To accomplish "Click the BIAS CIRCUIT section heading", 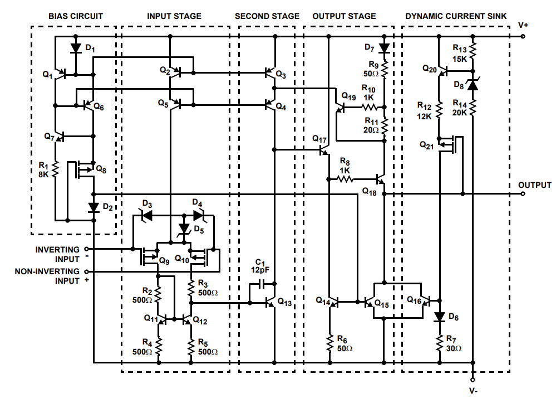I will coord(76,16).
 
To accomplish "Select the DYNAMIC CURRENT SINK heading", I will coord(455,16).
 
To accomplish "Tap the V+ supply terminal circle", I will coord(523,37).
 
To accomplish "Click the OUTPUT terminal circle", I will coord(523,194).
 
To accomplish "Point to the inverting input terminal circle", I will coord(86,249).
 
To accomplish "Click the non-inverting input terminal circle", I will coord(86,271).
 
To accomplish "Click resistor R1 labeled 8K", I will coord(56,168).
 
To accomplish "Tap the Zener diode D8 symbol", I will coord(473,85).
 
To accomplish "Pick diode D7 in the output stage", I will coord(384,48).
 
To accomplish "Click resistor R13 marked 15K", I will coord(473,54).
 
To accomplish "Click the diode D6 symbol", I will coord(440,317).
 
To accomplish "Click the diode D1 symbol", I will coord(76,48).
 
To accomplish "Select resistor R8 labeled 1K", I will coord(345,179).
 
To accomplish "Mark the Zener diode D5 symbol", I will coord(184,229).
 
